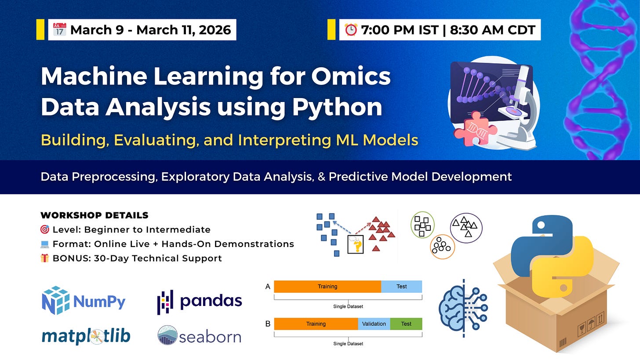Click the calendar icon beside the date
pyautogui.click(x=59, y=29)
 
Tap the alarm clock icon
pyautogui.click(x=351, y=30)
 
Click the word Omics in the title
pyautogui.click(x=351, y=76)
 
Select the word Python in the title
pyautogui.click(x=337, y=107)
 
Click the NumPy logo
pyautogui.click(x=84, y=300)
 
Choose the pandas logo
pyautogui.click(x=200, y=302)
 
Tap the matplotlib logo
pyautogui.click(x=86, y=336)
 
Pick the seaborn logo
pyautogui.click(x=200, y=335)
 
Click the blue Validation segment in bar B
pyautogui.click(x=374, y=324)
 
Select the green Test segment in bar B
pyautogui.click(x=406, y=324)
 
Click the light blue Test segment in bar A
pyautogui.click(x=401, y=286)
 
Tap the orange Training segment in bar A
pyautogui.click(x=327, y=286)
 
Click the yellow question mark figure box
pyautogui.click(x=356, y=244)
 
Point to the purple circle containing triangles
pyautogui.click(x=466, y=228)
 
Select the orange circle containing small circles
pyautogui.click(x=442, y=247)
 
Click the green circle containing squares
pyautogui.click(x=422, y=225)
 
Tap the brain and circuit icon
pyautogui.click(x=463, y=308)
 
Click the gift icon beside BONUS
pyautogui.click(x=44, y=258)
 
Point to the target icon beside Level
pyautogui.click(x=44, y=229)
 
